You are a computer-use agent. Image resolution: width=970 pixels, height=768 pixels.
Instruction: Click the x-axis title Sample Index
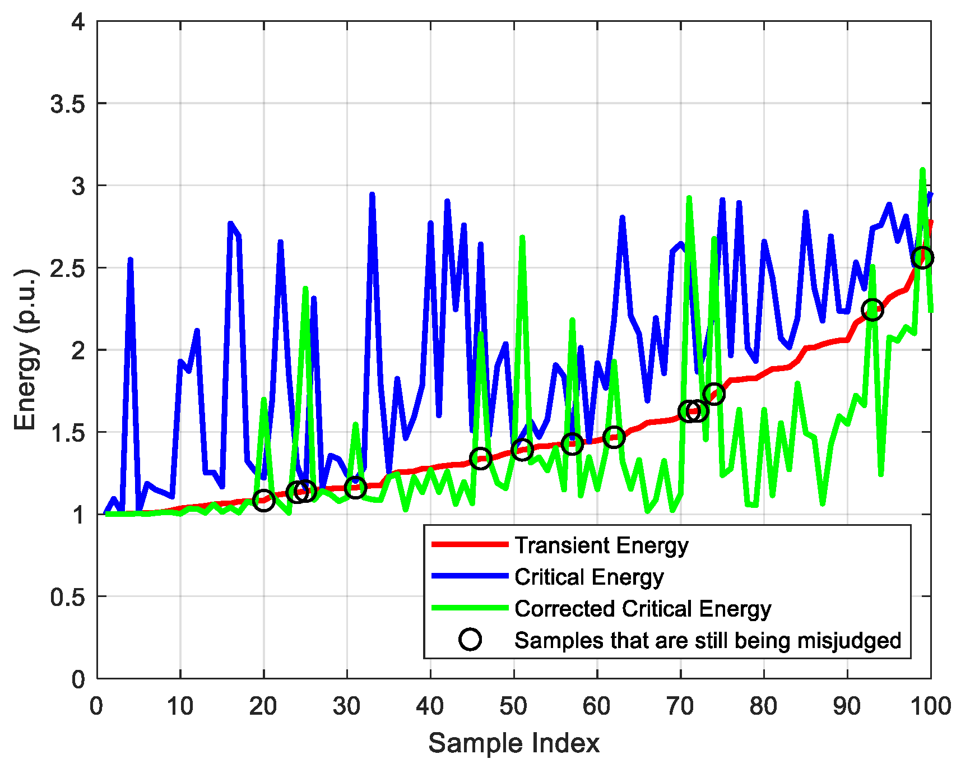(x=513, y=743)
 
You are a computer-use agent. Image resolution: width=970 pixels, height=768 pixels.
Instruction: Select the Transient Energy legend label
(x=601, y=545)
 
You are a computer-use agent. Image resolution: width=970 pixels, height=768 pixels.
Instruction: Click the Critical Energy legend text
(x=589, y=577)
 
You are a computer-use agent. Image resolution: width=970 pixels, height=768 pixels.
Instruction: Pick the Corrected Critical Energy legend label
(x=643, y=609)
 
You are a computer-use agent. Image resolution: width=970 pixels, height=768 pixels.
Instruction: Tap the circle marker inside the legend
(x=470, y=640)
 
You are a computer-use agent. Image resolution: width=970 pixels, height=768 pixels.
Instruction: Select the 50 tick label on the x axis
(x=513, y=706)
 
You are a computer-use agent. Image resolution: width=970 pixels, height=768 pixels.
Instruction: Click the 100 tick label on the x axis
(x=930, y=706)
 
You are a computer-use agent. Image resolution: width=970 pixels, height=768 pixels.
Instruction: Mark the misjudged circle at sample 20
(x=263, y=500)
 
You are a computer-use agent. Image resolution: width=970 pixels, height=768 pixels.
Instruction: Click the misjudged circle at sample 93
(x=872, y=309)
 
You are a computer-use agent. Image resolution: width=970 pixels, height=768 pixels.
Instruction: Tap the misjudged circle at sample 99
(x=922, y=257)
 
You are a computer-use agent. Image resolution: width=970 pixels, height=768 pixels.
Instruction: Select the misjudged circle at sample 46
(x=480, y=458)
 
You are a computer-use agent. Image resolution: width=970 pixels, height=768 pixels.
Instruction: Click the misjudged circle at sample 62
(x=614, y=437)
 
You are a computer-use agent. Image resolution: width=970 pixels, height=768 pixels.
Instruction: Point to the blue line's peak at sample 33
(x=372, y=195)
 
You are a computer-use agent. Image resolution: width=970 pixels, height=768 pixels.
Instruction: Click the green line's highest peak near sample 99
(x=922, y=170)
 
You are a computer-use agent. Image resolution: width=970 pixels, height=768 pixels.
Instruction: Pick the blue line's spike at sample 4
(x=130, y=260)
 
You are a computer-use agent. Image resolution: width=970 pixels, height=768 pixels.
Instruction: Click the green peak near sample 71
(x=689, y=198)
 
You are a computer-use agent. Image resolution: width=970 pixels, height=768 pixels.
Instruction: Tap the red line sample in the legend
(x=470, y=544)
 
